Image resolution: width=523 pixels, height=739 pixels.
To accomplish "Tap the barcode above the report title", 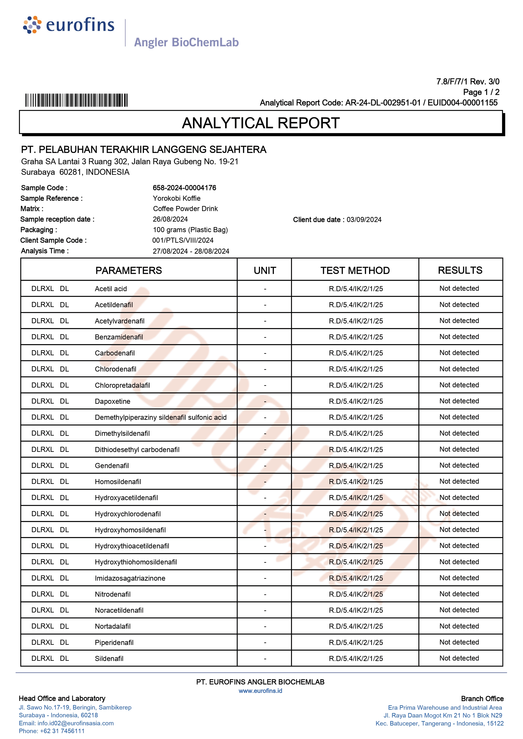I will tap(76, 100).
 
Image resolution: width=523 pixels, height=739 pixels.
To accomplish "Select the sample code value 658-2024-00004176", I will tap(184, 188).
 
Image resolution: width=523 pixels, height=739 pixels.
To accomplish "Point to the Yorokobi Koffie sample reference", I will tap(177, 198).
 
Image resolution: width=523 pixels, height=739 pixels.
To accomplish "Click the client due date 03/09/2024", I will tap(364, 220).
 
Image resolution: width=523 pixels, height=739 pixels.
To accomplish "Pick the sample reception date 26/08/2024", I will tap(170, 219).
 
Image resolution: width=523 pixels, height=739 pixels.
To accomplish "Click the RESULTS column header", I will tap(460, 270).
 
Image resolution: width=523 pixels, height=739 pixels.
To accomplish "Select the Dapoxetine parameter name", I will tap(112, 401).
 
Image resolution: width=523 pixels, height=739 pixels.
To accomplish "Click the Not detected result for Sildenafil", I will tap(459, 658).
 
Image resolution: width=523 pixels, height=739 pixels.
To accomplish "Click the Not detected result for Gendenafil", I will tap(459, 465).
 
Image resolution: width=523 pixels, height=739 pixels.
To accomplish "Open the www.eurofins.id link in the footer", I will tap(260, 691).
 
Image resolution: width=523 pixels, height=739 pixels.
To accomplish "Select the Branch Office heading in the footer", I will tap(482, 699).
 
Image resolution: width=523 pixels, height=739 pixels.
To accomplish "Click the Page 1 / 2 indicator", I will tap(481, 92).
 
